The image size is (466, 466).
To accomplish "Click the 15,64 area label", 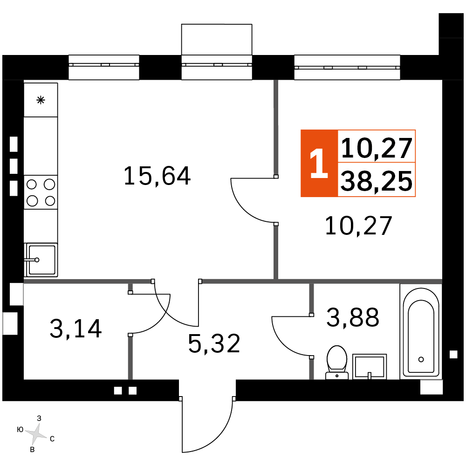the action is click(157, 176).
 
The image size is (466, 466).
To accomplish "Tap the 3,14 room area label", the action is click(76, 329).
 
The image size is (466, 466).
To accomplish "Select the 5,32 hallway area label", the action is click(214, 343).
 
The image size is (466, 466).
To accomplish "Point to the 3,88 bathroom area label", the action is click(353, 317).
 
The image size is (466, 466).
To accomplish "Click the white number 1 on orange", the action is click(319, 164).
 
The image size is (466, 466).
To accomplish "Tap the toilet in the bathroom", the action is click(337, 363).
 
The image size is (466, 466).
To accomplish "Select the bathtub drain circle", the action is click(421, 359).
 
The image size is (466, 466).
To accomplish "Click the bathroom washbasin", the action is click(370, 367).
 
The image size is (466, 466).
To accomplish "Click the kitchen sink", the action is click(41, 260).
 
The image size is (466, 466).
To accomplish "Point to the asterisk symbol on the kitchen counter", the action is click(41, 100).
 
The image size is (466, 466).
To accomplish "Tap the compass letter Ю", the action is click(20, 430).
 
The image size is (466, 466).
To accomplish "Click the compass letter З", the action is click(39, 418).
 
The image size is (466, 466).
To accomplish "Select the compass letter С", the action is click(52, 439).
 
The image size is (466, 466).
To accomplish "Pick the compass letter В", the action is click(33, 450).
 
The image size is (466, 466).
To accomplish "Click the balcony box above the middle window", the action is click(217, 40).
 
